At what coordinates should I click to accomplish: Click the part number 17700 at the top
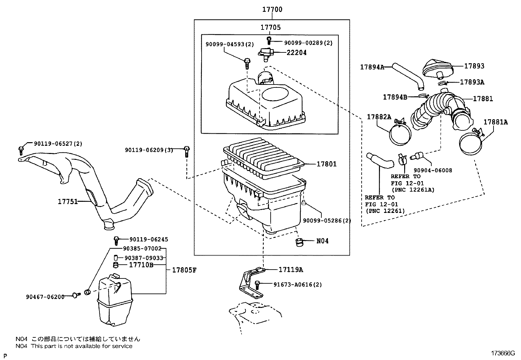tap(272, 9)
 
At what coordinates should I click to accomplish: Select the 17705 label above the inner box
tap(271, 27)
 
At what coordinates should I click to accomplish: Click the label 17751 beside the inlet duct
tap(68, 201)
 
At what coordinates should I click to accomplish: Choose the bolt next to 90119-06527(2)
tap(21, 150)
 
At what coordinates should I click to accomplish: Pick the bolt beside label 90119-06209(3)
tap(187, 151)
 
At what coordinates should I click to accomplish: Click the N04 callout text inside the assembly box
tap(322, 241)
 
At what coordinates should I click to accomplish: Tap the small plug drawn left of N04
tap(299, 242)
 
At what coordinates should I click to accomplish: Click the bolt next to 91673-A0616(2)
tap(257, 285)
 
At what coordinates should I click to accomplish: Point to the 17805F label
tap(184, 270)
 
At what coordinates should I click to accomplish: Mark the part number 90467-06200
tap(45, 297)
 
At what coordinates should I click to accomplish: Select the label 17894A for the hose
tap(372, 67)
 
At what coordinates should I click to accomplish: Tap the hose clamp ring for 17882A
tap(400, 134)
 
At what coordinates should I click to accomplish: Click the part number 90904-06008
tap(433, 170)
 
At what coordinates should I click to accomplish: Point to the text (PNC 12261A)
tap(413, 190)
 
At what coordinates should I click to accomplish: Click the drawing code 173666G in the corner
tap(503, 353)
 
